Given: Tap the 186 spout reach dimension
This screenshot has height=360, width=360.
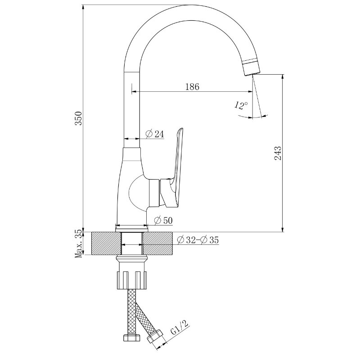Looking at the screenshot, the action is click(192, 86).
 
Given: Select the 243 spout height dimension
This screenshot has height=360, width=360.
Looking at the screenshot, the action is click(278, 153).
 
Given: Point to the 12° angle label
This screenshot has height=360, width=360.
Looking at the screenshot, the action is click(241, 105).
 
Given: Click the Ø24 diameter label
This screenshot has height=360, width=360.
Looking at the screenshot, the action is click(155, 134).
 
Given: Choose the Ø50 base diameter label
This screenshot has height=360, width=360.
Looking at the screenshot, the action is click(163, 220).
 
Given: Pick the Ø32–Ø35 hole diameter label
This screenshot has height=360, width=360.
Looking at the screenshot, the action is click(198, 240).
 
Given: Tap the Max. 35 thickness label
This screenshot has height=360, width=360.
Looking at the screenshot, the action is click(79, 243).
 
